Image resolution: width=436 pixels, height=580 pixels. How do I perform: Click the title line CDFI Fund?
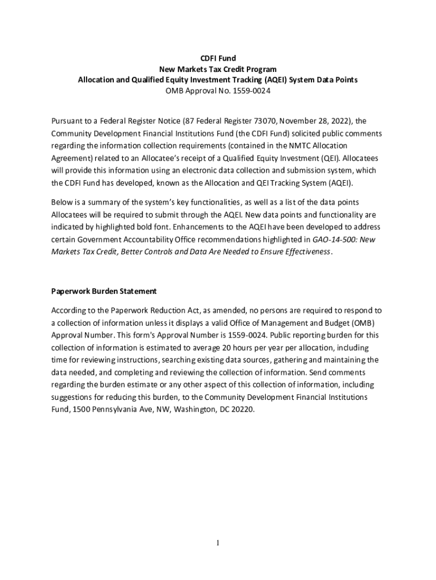(x=218, y=58)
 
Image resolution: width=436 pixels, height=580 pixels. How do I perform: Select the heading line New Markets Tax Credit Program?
(x=218, y=69)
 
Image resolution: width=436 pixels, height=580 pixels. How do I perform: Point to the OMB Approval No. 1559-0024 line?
(x=218, y=91)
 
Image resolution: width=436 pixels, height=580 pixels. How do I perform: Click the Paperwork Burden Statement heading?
(x=104, y=291)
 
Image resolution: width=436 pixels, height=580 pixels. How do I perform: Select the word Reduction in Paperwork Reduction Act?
(x=166, y=310)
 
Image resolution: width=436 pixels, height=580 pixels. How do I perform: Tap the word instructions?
(x=135, y=360)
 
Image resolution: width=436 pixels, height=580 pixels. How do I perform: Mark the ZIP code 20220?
(x=242, y=409)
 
